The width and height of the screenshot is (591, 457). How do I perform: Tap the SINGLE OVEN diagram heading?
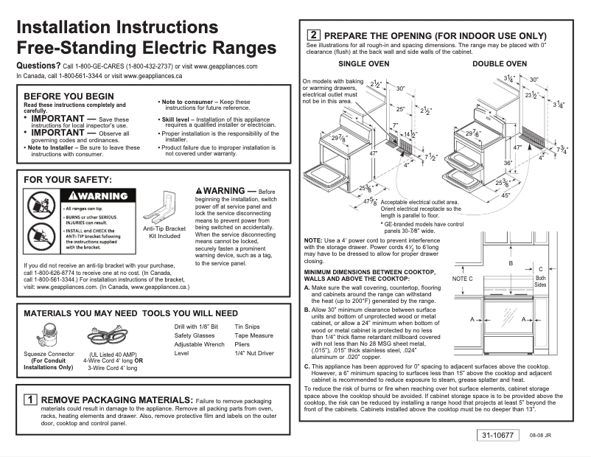coord(363,65)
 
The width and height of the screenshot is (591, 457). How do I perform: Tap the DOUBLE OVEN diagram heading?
coord(500,65)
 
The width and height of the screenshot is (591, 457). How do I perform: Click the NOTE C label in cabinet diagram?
coord(461,280)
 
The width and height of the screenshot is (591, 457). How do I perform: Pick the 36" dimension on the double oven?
coord(487,162)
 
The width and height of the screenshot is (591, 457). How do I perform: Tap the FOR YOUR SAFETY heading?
coord(68,179)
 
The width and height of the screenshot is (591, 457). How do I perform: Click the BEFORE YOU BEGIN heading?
coord(69,97)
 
